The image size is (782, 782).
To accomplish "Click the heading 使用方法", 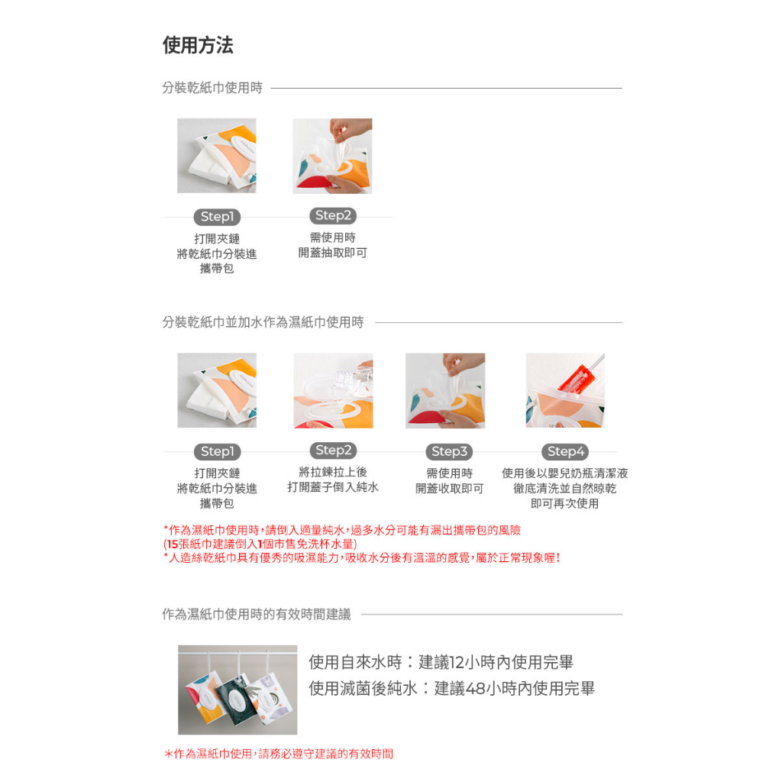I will (198, 46).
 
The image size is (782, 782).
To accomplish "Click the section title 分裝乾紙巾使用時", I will (212, 89).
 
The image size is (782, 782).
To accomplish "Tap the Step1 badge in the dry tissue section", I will (217, 217).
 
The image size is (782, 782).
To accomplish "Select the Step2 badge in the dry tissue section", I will (333, 216).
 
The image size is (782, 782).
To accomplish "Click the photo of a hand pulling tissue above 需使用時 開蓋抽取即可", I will (332, 156).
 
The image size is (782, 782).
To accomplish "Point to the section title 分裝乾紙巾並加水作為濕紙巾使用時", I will (263, 322).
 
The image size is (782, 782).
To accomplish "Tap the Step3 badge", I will (449, 451).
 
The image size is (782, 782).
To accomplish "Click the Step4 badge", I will (565, 451).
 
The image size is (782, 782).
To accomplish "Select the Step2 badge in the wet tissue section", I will (333, 451).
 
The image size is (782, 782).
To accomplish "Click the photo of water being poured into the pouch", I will (333, 390).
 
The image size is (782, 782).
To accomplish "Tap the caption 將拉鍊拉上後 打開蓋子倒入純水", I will (333, 480).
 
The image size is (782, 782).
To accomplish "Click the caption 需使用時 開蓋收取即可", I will (449, 481).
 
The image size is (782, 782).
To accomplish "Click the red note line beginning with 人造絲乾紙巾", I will (362, 558).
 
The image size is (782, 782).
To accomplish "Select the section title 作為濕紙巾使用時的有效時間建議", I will (257, 615).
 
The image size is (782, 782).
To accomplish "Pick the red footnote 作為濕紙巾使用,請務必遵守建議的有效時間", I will (279, 754).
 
